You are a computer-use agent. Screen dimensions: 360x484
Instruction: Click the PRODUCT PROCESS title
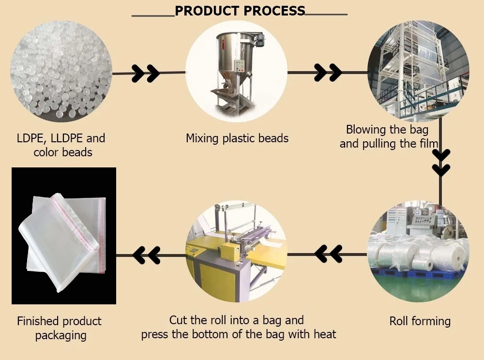pyautogui.click(x=240, y=11)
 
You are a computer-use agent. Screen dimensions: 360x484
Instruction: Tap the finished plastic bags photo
pyautogui.click(x=64, y=236)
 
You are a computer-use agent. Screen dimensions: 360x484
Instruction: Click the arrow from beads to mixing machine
pyautogui.click(x=145, y=73)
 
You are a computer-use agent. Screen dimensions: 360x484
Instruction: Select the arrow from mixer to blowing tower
pyautogui.click(x=328, y=73)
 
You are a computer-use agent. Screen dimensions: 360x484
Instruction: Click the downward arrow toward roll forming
pyautogui.click(x=441, y=163)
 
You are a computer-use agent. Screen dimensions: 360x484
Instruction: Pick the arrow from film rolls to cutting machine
pyautogui.click(x=328, y=253)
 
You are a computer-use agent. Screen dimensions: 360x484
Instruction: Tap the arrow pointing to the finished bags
pyautogui.click(x=146, y=255)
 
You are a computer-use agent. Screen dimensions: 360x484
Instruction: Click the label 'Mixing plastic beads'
pyautogui.click(x=237, y=138)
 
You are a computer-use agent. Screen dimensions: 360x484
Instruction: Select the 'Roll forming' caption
pyautogui.click(x=420, y=321)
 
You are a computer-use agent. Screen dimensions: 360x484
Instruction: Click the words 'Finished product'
pyautogui.click(x=59, y=321)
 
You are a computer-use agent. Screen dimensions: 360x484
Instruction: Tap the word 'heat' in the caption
pyautogui.click(x=324, y=334)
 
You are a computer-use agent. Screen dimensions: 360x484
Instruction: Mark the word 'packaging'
pyautogui.click(x=60, y=335)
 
